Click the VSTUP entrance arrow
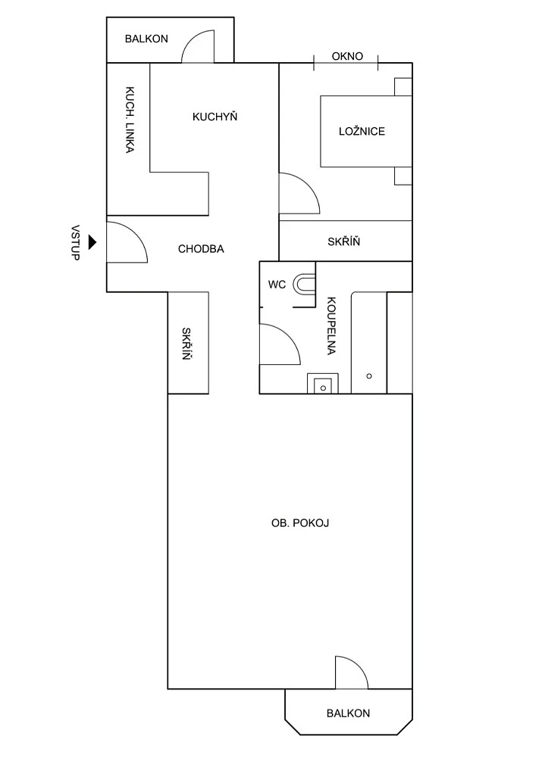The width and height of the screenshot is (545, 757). pos(92,242)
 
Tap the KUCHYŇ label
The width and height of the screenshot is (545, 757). pos(215,117)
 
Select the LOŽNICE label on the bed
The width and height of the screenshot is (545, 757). pos(362,131)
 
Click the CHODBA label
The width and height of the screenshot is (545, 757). pos(201,249)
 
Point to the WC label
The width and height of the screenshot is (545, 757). pos(277,285)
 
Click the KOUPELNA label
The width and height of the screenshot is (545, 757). pos(331,326)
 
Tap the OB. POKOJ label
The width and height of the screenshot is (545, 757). pos(300,523)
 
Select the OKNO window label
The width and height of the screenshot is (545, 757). pos(347,57)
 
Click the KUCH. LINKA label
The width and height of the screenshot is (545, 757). pos(130,120)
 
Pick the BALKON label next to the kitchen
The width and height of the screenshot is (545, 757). pos(146,39)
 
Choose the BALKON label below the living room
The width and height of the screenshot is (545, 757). pos(348,713)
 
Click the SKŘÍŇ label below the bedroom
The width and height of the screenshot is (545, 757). pos(344,241)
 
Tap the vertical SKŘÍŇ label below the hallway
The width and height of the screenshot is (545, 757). pos(186,344)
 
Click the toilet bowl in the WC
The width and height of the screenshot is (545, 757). pos(305,284)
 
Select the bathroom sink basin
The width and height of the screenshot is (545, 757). pos(323,386)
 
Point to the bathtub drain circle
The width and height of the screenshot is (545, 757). pos(369,376)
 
